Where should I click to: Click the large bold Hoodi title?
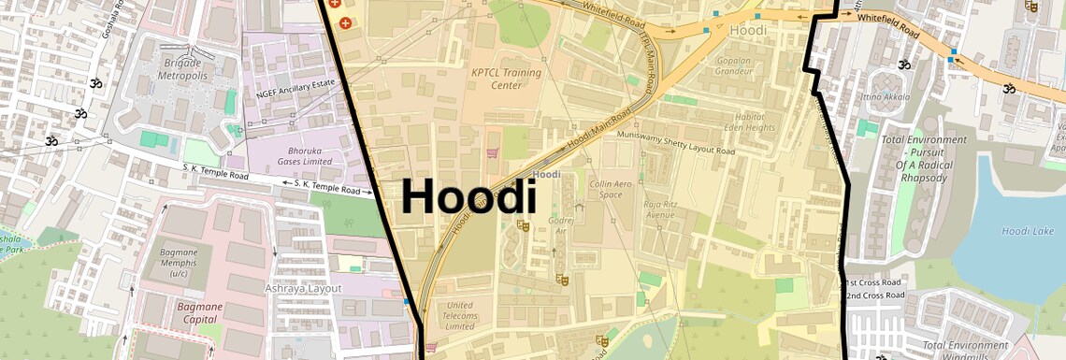pos(468,198)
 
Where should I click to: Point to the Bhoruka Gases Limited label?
pos(307,154)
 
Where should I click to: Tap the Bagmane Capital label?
pos(177,312)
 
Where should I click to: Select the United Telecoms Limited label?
pos(460,315)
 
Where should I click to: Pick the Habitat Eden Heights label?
pos(724,122)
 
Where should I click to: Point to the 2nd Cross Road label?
pos(873,295)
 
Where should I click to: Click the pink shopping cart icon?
pos(490,152)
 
